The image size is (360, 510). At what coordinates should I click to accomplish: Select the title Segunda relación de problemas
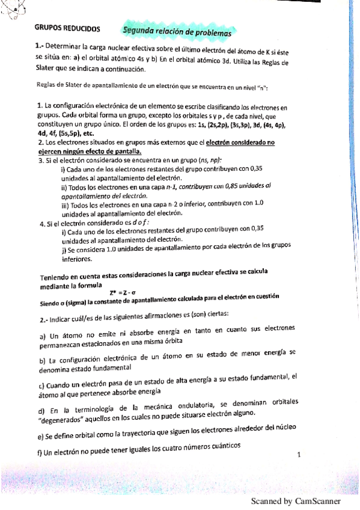[177, 30]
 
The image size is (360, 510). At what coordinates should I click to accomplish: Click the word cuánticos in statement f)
[223, 445]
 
